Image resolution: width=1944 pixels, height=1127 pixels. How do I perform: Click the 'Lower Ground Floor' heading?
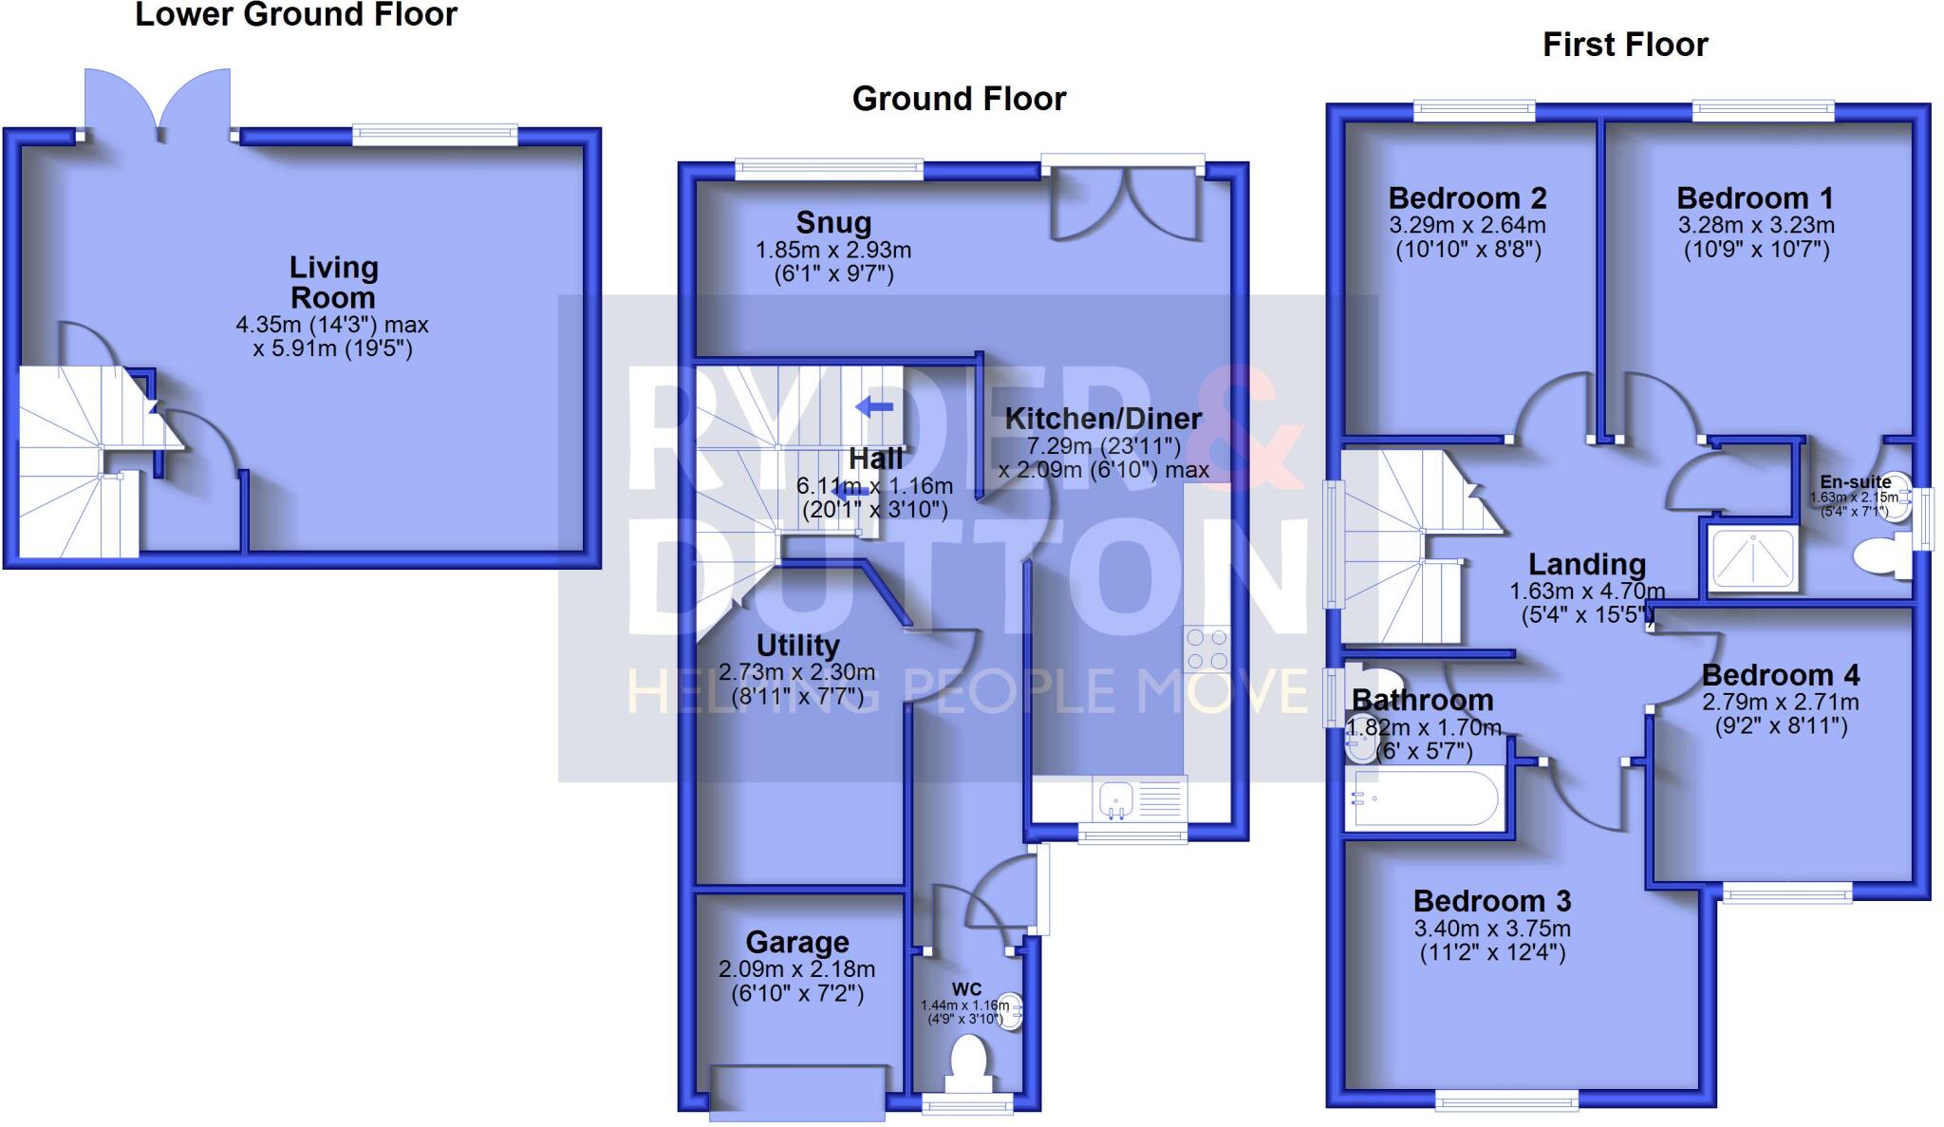coord(296,15)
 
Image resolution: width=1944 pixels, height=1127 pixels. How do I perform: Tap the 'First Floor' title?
coord(1624,45)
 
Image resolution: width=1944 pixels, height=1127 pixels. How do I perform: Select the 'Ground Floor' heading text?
coord(959,99)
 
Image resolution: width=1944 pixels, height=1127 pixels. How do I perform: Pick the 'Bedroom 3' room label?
coord(1491,900)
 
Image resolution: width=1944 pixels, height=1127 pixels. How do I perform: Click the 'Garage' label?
coord(796,942)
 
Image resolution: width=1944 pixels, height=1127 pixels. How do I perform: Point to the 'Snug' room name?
coord(833,222)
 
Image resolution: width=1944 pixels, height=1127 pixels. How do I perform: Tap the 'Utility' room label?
coord(797,646)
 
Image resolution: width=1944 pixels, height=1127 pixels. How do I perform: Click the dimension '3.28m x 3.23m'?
coord(1755,225)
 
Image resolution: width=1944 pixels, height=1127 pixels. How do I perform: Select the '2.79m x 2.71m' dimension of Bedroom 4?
coord(1780,703)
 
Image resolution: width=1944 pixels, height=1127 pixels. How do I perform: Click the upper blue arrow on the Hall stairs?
coord(874,407)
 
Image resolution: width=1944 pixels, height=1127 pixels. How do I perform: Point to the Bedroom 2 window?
coord(1473,111)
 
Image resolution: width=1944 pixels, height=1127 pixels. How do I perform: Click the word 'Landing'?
coord(1586,565)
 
